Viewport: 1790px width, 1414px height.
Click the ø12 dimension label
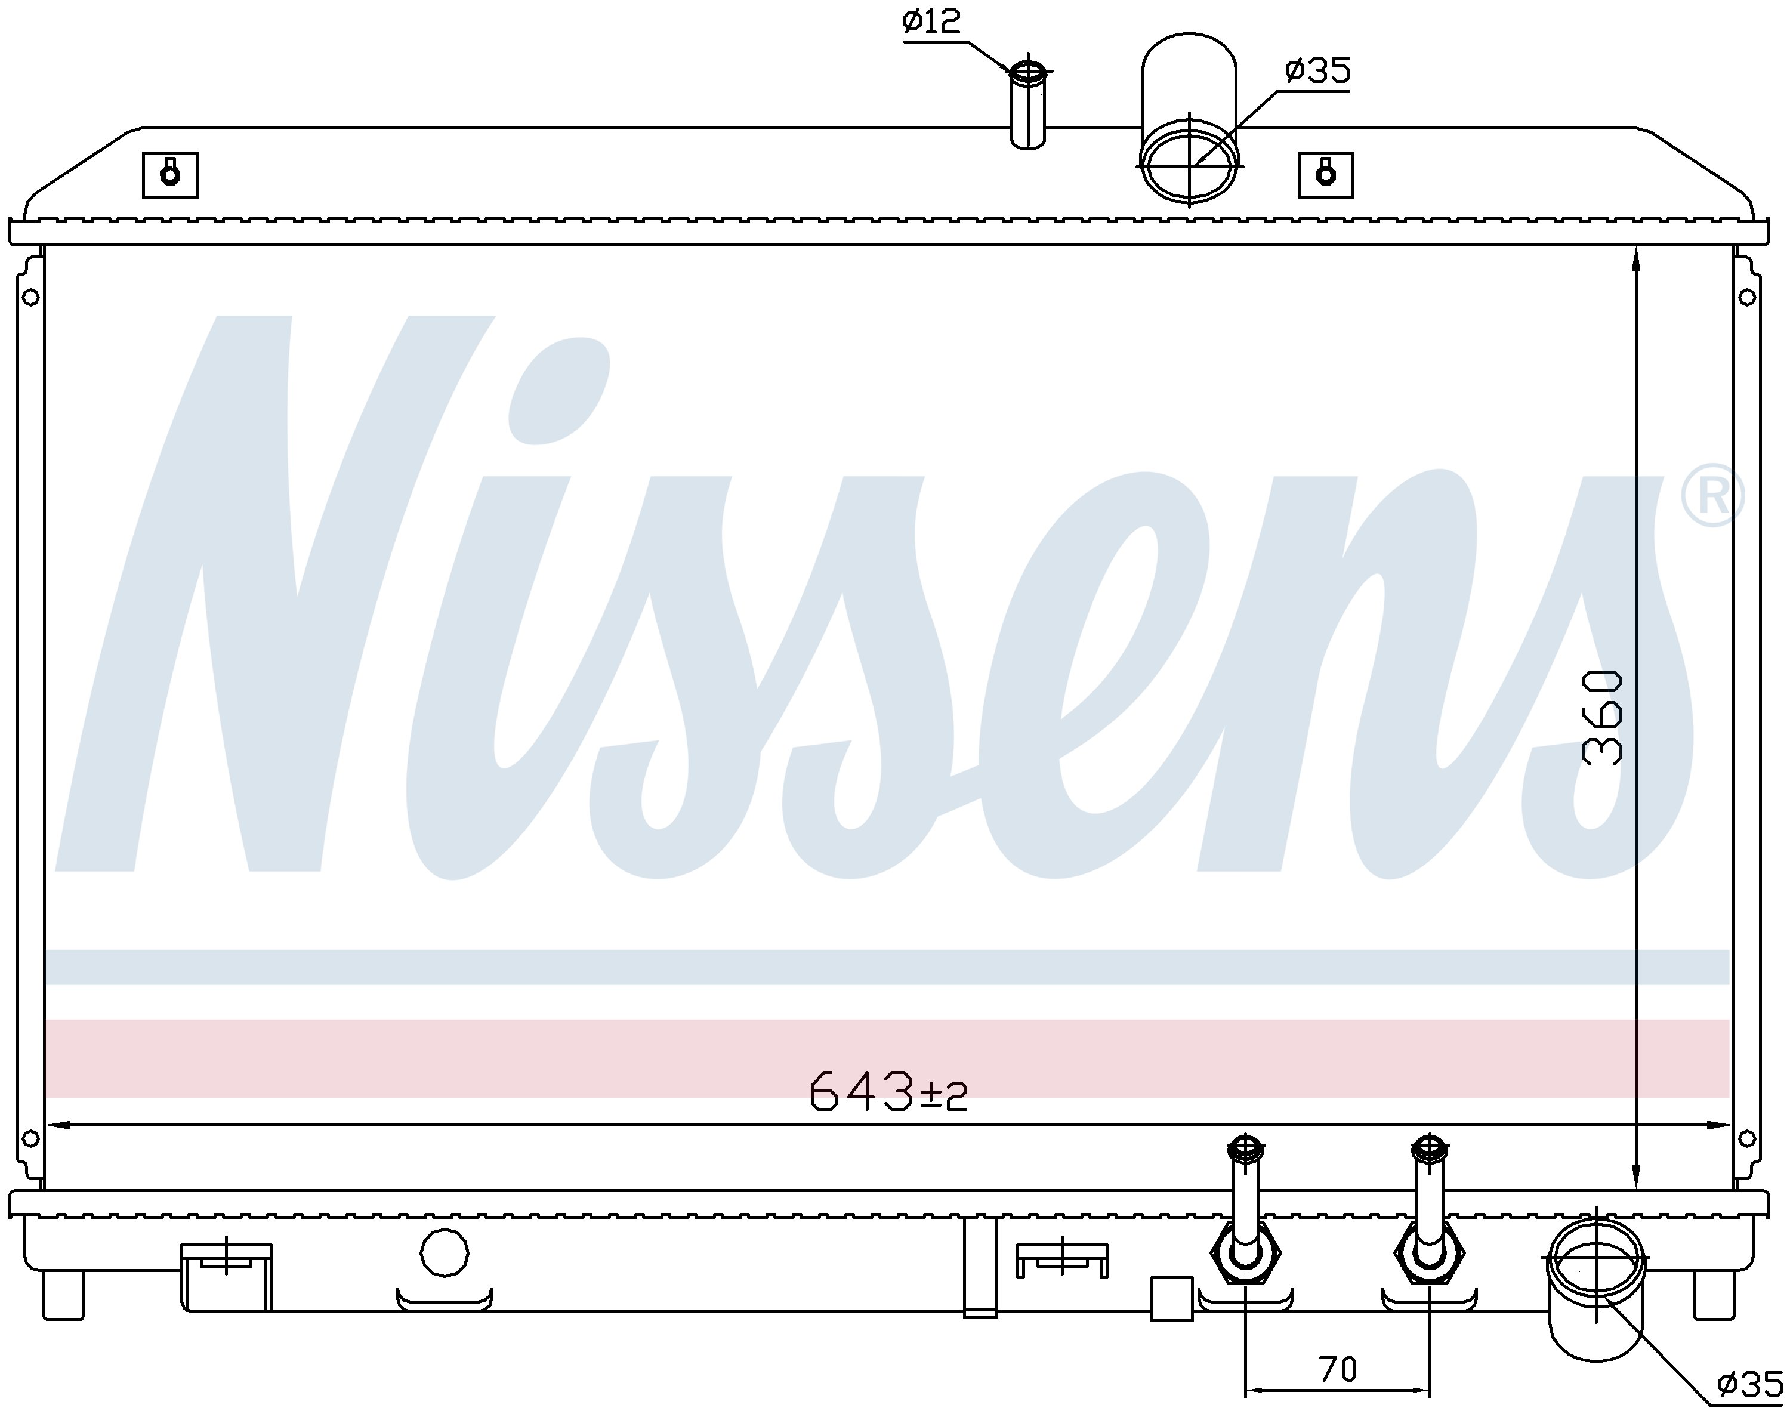click(931, 21)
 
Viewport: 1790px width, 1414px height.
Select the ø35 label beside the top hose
click(1318, 70)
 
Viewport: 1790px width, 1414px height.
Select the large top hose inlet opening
click(1190, 162)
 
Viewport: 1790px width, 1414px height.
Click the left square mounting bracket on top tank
click(169, 175)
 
